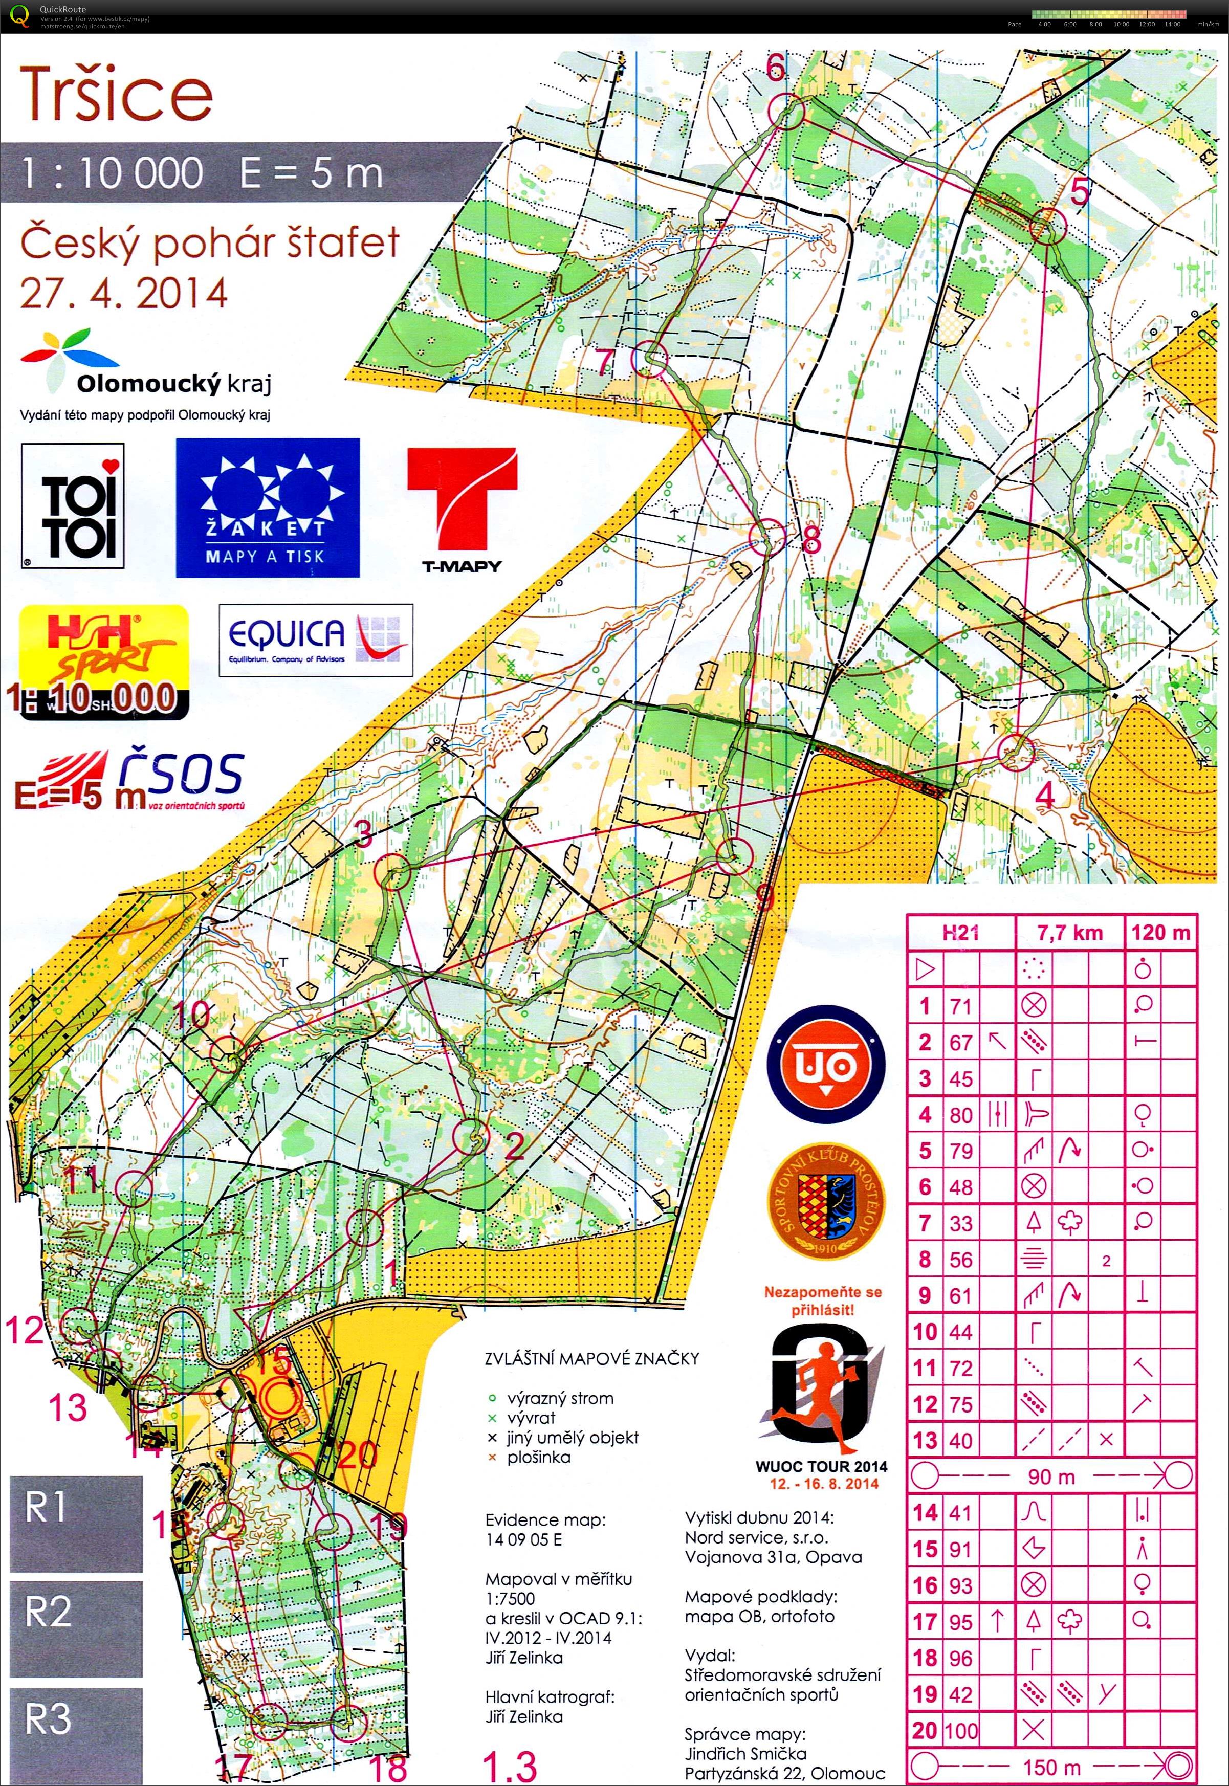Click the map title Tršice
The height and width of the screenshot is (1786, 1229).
tap(116, 95)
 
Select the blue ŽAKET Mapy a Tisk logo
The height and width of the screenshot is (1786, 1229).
tap(267, 508)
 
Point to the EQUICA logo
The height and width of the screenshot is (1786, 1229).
tap(316, 640)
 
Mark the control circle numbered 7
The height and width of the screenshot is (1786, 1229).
tap(648, 358)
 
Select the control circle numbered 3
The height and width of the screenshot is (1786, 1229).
tap(393, 872)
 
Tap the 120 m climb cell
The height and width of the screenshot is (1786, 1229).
tap(1160, 933)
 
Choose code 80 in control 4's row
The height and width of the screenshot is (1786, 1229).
tap(960, 1115)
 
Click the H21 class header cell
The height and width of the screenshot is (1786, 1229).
tap(960, 933)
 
